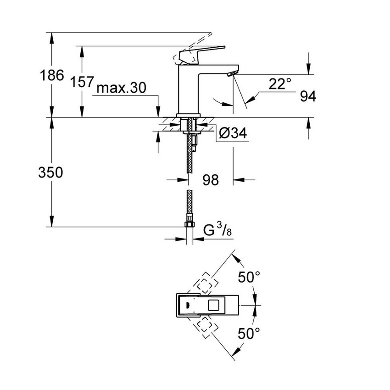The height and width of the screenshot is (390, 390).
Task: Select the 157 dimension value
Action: click(x=82, y=83)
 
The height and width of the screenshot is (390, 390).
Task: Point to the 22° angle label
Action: click(x=280, y=84)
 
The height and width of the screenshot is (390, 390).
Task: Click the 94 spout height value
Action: click(x=308, y=96)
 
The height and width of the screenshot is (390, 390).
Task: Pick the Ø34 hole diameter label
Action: click(x=233, y=134)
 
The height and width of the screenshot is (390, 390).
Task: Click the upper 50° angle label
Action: click(x=249, y=277)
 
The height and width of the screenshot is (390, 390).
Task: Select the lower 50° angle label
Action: click(x=249, y=334)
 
